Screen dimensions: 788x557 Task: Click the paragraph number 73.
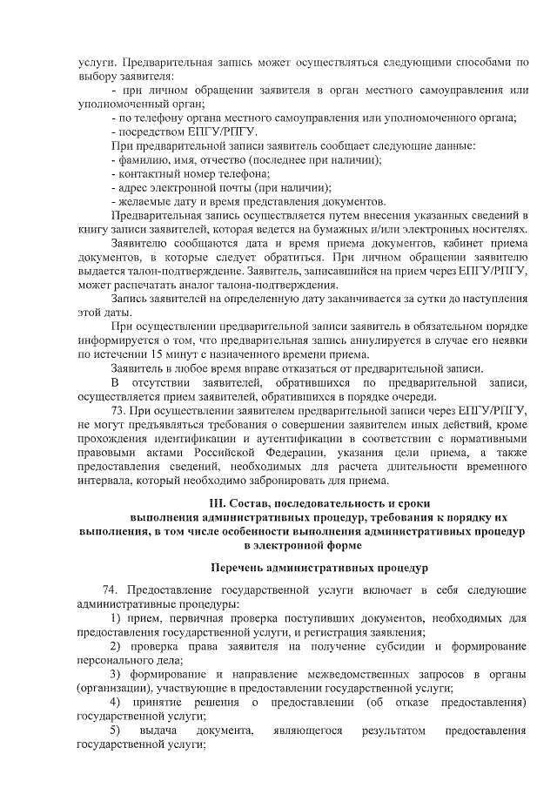(120, 410)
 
